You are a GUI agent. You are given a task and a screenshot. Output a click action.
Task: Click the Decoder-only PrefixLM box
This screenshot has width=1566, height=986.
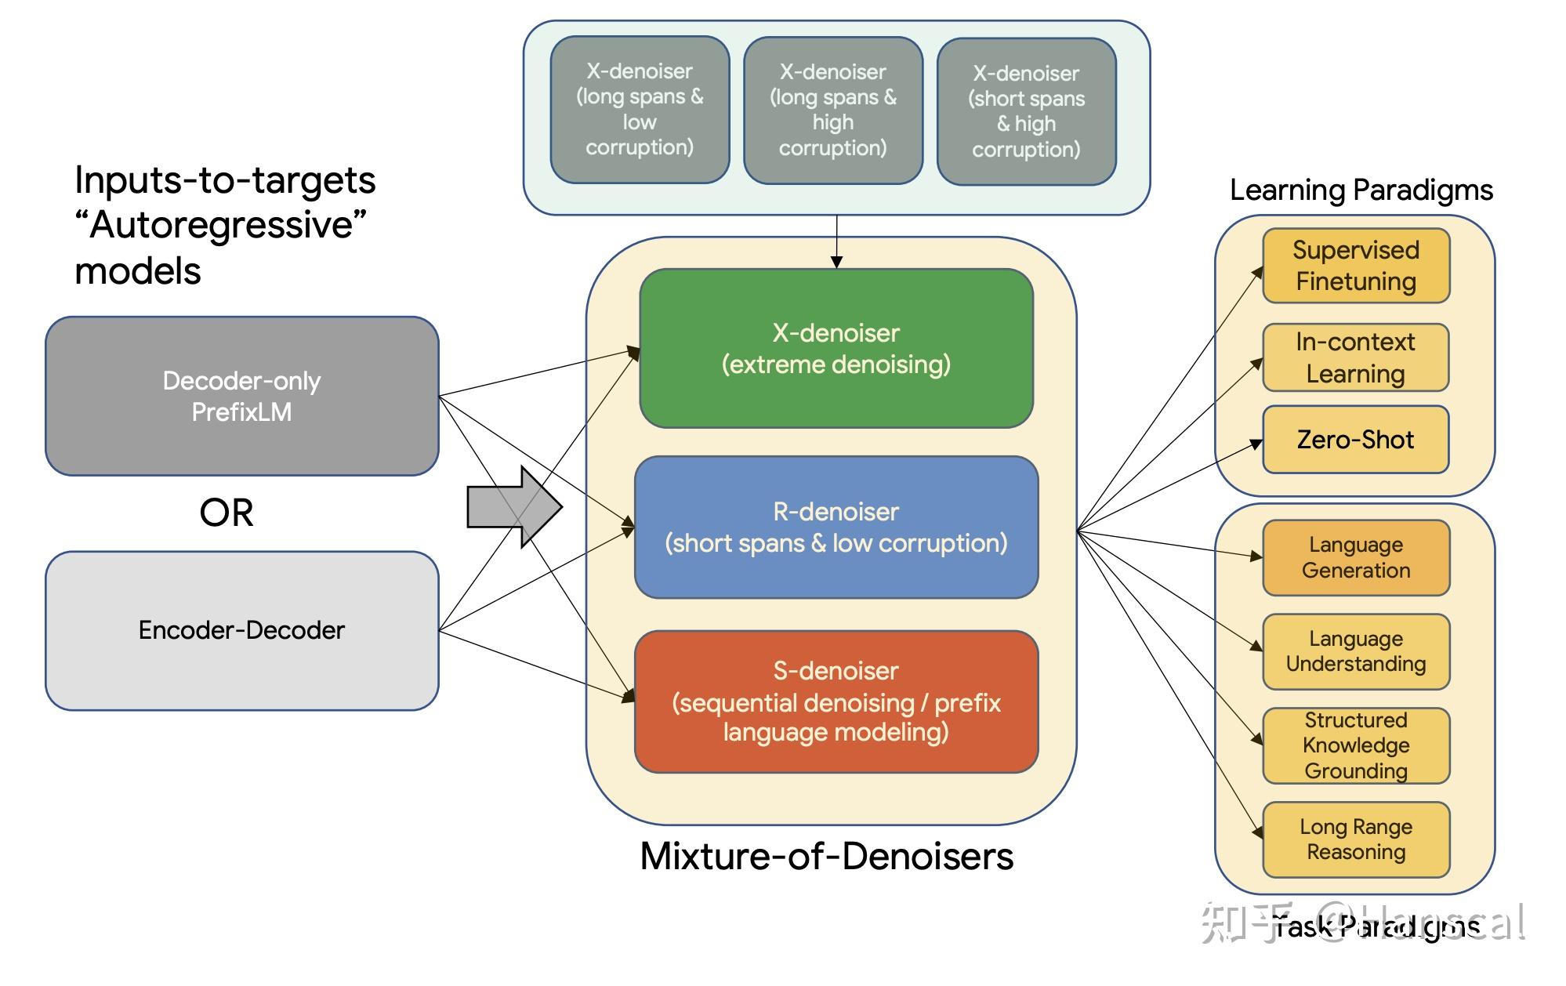coord(241,396)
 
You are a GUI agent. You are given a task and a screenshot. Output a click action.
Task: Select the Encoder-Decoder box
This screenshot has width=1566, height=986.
coord(241,630)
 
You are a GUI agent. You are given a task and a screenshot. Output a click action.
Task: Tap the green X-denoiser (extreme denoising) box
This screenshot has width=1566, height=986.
coord(836,349)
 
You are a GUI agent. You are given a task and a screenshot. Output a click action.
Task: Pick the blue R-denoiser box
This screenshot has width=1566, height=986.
coord(836,527)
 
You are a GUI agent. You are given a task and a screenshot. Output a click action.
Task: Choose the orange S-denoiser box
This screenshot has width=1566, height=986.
coord(836,701)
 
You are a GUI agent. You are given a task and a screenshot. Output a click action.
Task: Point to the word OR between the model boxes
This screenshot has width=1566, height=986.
coord(227,513)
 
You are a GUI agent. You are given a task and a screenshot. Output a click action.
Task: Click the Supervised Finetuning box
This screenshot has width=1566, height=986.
coord(1356,266)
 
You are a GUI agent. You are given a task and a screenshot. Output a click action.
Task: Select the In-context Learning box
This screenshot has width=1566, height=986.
coord(1356,357)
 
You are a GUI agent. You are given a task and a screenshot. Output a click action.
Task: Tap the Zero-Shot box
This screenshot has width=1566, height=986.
coord(1356,440)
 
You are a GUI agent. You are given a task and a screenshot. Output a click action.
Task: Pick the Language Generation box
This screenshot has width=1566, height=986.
coord(1356,557)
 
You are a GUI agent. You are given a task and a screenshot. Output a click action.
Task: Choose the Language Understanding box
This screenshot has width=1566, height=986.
coord(1356,651)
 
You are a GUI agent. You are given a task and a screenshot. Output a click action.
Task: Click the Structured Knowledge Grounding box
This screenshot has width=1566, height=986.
coord(1356,745)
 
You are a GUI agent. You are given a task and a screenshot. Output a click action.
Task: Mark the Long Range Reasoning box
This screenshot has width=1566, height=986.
coord(1356,839)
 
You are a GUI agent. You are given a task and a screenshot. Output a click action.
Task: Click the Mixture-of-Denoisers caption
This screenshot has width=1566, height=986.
coord(826,856)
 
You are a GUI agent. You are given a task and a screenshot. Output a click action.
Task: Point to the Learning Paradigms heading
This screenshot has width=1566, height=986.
coord(1361,190)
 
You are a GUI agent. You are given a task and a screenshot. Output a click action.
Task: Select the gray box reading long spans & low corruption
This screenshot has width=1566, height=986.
coord(640,110)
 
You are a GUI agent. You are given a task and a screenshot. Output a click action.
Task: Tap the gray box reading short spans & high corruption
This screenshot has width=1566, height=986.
coord(1026,111)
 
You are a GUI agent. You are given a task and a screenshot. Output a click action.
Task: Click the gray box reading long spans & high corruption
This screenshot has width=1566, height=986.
coord(832,111)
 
